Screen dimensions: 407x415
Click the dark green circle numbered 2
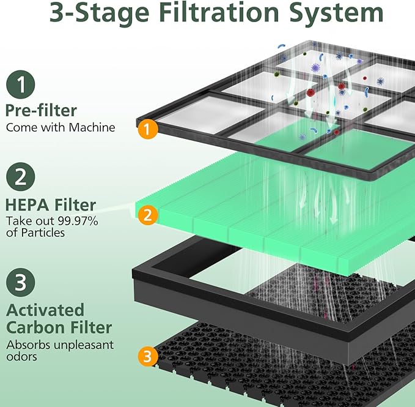point(21,177)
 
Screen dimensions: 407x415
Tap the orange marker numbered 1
point(146,129)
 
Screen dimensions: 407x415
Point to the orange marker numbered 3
point(146,354)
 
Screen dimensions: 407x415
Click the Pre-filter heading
point(41,110)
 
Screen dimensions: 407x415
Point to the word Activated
point(45,309)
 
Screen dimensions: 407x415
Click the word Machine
point(94,127)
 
